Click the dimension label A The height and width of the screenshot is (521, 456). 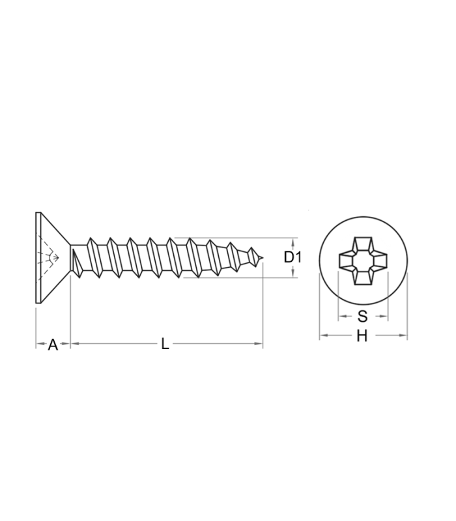coord(53,345)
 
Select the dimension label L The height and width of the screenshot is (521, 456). coord(165,344)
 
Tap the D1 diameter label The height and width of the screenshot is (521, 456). coord(292,257)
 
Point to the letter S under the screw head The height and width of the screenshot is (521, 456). coord(363,317)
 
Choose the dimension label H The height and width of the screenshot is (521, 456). coord(362,336)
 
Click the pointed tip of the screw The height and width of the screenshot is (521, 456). coord(263,257)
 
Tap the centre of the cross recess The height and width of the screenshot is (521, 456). coord(363,261)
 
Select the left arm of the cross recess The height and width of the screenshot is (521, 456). coord(346,261)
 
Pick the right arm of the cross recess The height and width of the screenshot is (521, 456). coord(380,261)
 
